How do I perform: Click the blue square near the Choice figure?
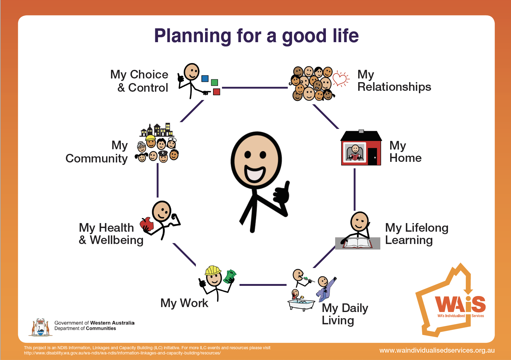(205, 78)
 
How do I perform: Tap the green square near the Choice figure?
(214, 82)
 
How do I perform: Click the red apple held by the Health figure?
(147, 224)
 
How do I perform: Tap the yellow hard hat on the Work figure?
(213, 270)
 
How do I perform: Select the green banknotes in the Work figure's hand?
(229, 276)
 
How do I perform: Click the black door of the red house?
(373, 156)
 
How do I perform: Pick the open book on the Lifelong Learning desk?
(358, 243)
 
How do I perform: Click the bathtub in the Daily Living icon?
(301, 305)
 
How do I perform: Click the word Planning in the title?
(193, 36)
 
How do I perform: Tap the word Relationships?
(394, 87)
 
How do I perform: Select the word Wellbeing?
(117, 240)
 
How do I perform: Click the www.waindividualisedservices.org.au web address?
(437, 350)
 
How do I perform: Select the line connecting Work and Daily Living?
(263, 285)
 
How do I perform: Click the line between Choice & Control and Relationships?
(255, 88)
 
